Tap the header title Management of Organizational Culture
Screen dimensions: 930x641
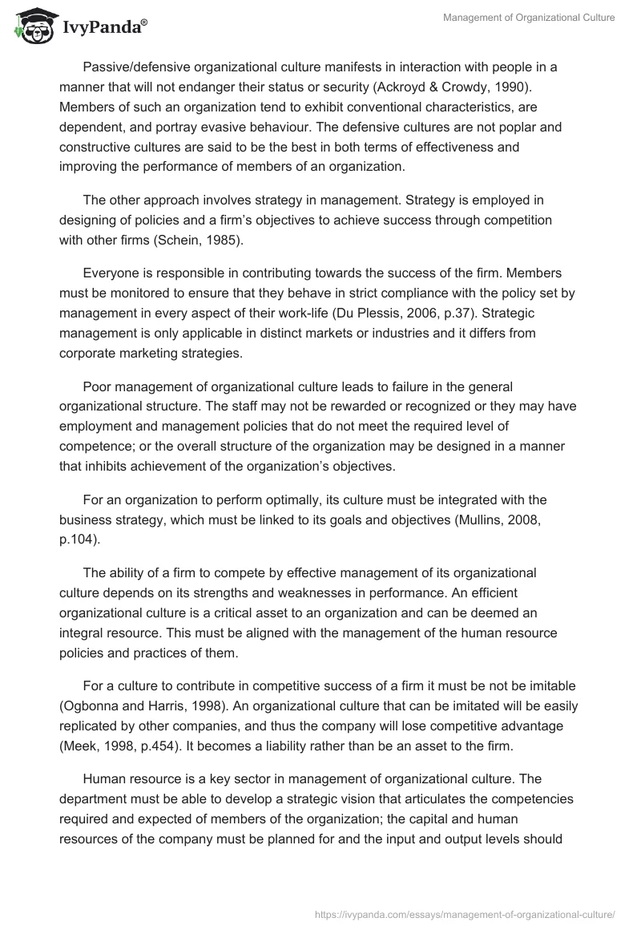[529, 18]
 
